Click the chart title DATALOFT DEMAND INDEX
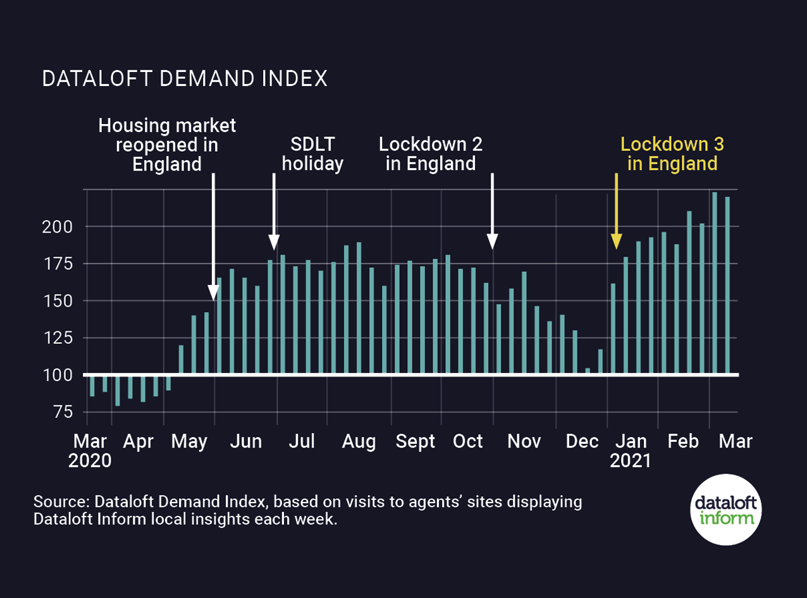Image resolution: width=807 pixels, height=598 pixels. tap(184, 78)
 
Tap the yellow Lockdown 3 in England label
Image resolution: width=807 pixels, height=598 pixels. tap(672, 154)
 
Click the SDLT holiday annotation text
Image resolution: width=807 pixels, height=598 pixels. tap(312, 154)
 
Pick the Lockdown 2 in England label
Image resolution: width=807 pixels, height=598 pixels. tap(430, 154)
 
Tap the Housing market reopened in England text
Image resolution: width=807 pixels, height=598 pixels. tap(167, 145)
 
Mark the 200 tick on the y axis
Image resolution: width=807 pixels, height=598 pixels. tap(59, 226)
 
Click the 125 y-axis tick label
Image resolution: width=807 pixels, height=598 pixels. tap(59, 338)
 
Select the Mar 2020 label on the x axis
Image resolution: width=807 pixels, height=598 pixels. tap(90, 450)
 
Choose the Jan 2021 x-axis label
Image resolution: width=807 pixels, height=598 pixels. tap(631, 450)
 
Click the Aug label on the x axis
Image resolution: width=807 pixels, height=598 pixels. tap(359, 441)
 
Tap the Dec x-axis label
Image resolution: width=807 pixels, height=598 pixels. tap(582, 441)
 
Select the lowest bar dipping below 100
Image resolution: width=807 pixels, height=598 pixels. tap(118, 390)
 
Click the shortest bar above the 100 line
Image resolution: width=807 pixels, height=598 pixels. tap(588, 372)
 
